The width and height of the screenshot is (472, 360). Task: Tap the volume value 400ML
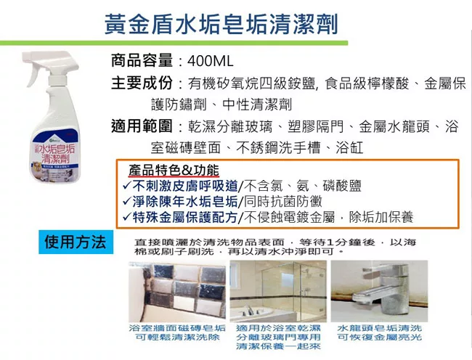pos(209,61)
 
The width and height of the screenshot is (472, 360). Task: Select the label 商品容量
pos(140,61)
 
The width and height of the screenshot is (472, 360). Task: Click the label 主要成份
pos(140,83)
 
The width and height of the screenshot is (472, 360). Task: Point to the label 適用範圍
pos(140,126)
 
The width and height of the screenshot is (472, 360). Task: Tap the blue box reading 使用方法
pos(74,242)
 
